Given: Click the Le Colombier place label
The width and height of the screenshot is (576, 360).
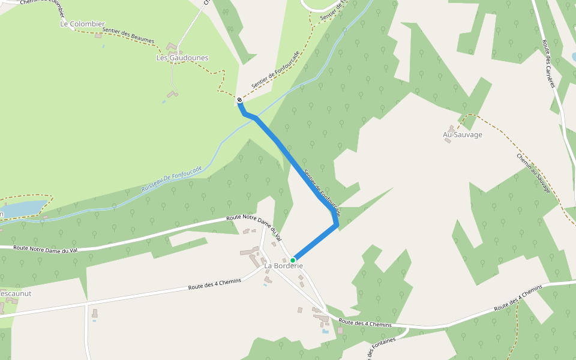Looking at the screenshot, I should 82,24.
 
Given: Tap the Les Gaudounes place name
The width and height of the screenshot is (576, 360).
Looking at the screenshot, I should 182,58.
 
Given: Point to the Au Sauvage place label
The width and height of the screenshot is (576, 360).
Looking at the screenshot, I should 463,134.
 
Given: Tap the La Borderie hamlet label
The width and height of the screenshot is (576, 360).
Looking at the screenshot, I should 283,266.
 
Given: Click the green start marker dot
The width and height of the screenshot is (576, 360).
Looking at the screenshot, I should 293,260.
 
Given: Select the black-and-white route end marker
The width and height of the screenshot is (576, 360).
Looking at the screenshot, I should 239,100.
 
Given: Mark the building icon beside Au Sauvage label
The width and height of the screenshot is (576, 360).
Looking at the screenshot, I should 448,140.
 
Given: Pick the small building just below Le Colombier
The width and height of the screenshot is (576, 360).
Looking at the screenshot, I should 98,35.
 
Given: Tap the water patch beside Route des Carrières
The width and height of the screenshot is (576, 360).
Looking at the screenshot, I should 574,57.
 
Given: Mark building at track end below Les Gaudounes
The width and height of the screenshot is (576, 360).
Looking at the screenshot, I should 173,94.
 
